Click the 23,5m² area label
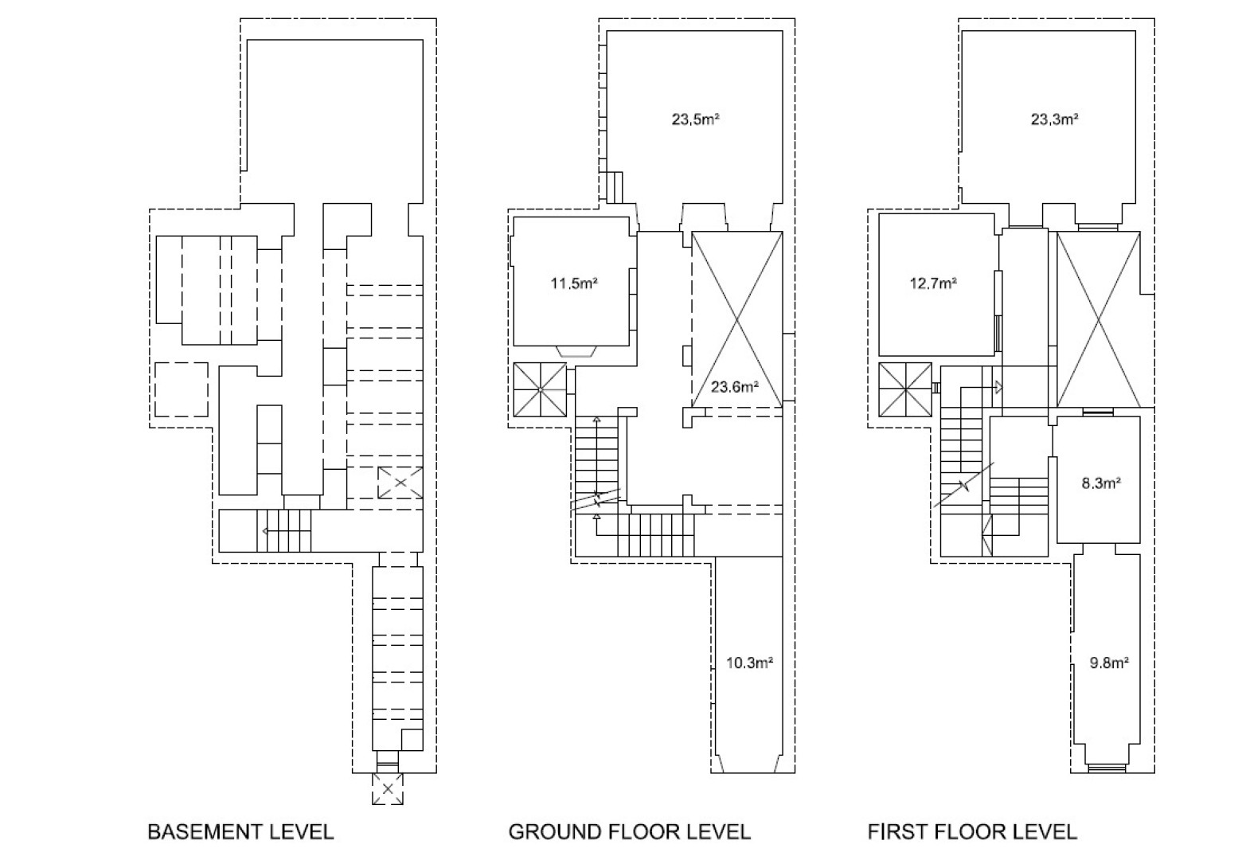coord(696,119)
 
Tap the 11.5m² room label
coord(574,283)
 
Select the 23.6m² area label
coord(735,387)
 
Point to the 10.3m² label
coord(750,663)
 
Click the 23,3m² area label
coord(1055,119)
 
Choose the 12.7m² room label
coord(933,283)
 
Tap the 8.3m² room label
coord(1101,483)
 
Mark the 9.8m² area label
coord(1109,663)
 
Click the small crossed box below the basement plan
coord(388,789)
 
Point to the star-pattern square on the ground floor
coord(540,390)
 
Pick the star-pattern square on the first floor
coord(905,390)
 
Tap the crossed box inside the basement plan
coord(400,483)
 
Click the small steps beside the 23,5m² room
coord(614,187)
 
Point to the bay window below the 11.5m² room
coord(576,351)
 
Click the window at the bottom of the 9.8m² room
coord(1107,768)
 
